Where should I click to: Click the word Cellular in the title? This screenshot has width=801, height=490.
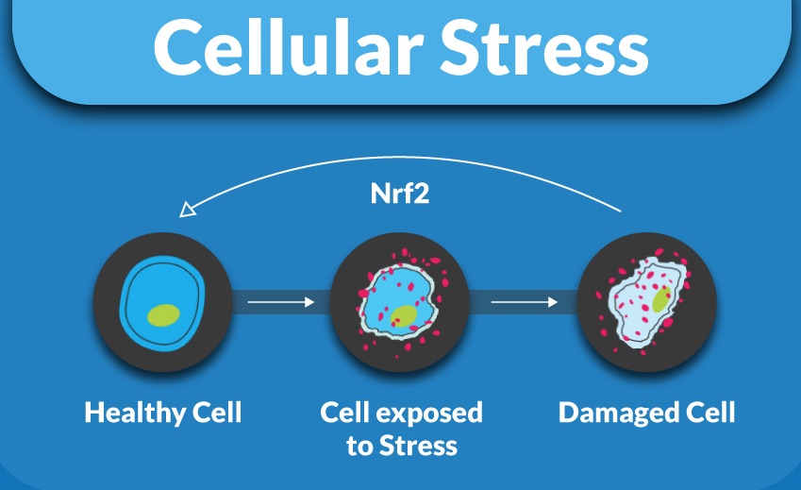click(x=288, y=47)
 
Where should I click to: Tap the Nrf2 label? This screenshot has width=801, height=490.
click(x=399, y=194)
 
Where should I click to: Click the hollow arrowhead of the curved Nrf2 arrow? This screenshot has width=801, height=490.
click(x=187, y=209)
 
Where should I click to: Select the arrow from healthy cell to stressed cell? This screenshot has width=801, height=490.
click(x=281, y=302)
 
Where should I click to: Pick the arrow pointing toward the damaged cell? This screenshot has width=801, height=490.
click(x=525, y=302)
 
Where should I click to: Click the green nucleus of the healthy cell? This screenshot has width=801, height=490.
click(x=163, y=314)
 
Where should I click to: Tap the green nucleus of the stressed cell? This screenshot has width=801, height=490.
click(x=404, y=317)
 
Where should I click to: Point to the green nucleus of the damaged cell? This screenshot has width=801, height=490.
click(x=661, y=299)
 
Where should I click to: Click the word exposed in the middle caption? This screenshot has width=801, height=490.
click(x=428, y=413)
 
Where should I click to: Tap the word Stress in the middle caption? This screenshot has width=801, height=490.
click(x=418, y=445)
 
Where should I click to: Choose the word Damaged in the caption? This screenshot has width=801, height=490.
click(x=618, y=413)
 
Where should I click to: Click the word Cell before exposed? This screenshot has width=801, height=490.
click(x=344, y=412)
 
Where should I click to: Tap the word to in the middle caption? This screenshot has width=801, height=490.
click(x=359, y=446)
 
